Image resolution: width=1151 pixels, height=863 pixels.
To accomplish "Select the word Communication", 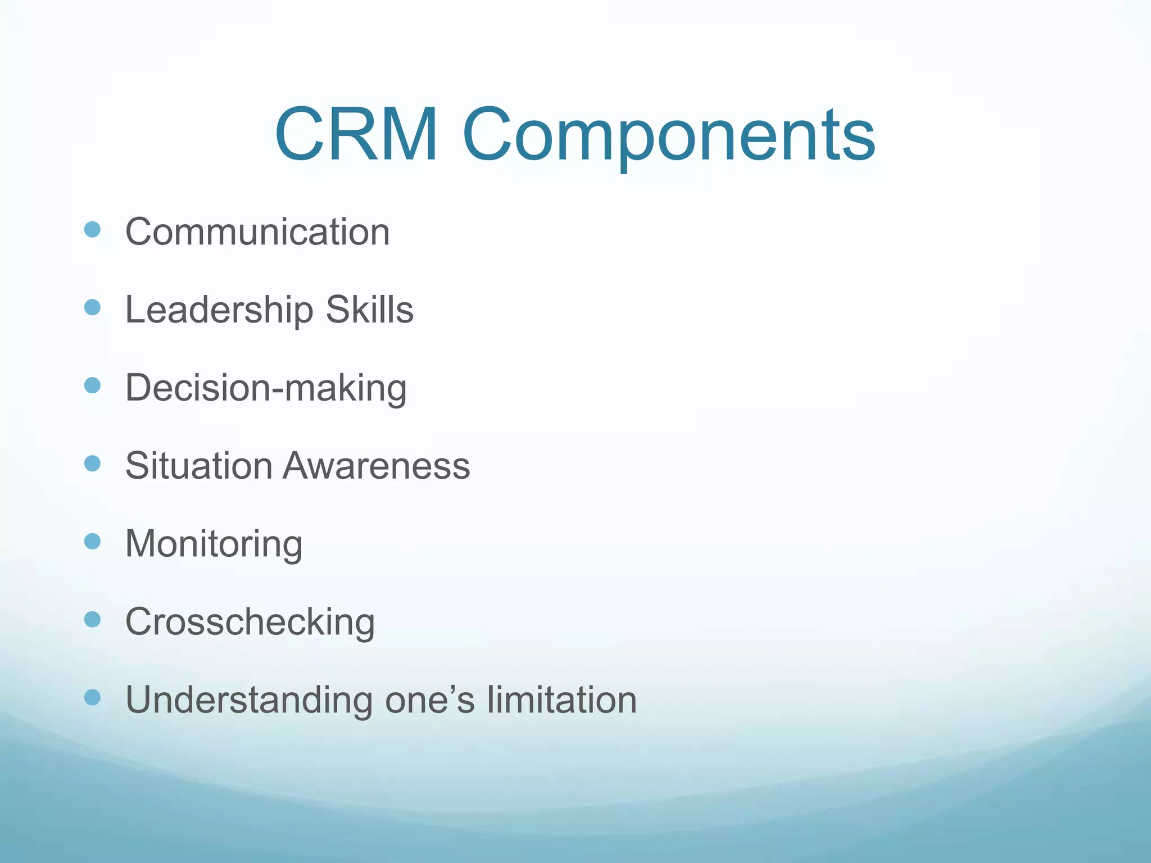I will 257,232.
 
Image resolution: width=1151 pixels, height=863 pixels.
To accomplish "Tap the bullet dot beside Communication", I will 92,229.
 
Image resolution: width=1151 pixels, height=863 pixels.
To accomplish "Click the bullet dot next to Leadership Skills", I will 92,307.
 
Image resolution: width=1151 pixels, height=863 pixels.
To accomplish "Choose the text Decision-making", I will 266,388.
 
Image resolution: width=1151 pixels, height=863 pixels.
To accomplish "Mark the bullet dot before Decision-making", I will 92,385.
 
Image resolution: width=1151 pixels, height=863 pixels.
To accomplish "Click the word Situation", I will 198,466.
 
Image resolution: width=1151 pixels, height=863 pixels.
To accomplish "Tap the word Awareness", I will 376,466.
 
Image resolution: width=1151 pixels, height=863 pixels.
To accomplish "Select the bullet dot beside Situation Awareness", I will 92,464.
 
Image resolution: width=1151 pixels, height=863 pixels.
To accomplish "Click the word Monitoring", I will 214,544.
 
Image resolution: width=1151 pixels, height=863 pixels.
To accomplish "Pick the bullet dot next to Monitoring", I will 92,541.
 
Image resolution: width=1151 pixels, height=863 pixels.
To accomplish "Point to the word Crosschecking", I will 250,623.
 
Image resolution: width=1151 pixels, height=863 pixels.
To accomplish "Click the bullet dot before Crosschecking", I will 92,619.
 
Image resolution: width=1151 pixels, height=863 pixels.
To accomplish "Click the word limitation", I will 561,700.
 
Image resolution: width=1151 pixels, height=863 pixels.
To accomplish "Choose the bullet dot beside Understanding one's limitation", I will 92,697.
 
